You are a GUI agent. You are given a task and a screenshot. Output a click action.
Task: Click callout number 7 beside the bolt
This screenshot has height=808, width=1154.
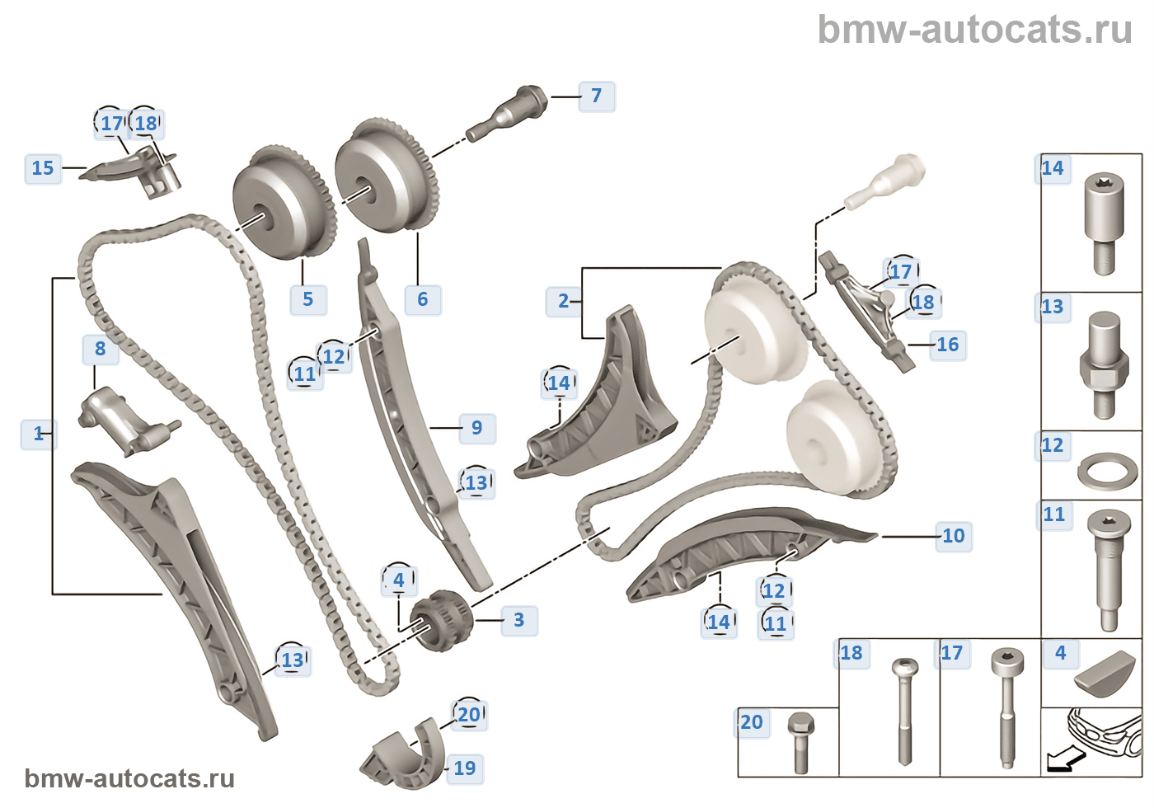click(x=596, y=96)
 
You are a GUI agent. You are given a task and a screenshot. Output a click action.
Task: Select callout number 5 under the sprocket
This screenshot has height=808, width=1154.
click(x=307, y=299)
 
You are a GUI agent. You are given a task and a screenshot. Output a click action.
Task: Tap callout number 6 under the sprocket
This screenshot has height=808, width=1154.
click(x=422, y=299)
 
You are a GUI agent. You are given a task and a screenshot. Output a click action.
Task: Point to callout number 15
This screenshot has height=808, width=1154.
click(x=43, y=168)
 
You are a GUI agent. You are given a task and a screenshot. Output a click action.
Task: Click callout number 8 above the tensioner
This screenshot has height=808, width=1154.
click(x=100, y=349)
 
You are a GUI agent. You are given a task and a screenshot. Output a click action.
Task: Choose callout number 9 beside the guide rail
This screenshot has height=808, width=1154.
click(x=476, y=428)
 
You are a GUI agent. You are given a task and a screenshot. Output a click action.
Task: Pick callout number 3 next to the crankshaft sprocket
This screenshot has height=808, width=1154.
click(x=518, y=620)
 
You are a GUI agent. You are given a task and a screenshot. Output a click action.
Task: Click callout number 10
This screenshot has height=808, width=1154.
click(x=953, y=536)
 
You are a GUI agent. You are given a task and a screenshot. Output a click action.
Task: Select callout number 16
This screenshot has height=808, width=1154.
click(x=947, y=345)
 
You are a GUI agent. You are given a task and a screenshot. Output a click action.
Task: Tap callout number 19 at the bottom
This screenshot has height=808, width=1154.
click(x=464, y=768)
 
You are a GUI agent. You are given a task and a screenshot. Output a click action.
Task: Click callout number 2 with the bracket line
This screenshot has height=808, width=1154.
click(x=563, y=302)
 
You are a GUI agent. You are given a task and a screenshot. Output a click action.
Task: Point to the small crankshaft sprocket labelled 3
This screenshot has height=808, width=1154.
click(x=441, y=620)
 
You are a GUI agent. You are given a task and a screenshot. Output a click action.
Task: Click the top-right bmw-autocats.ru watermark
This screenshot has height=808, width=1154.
click(x=974, y=30)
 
